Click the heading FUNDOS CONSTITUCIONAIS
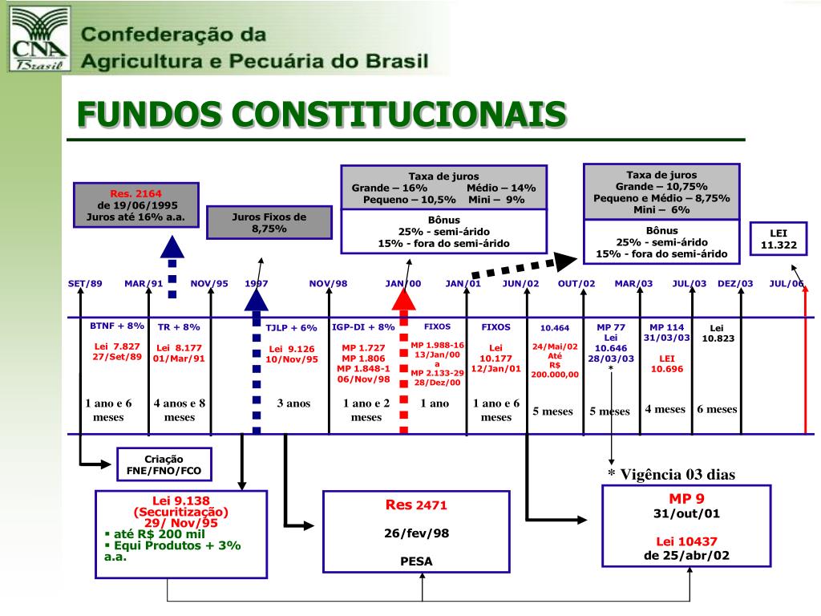tap(322, 115)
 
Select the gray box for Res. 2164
tap(136, 205)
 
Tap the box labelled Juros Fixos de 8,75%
tap(269, 222)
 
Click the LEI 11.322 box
tap(779, 238)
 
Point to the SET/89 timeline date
tap(85, 283)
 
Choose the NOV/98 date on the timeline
tap(329, 283)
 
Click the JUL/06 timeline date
tap(787, 283)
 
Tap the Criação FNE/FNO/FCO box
tap(164, 464)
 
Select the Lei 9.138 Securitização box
tap(180, 533)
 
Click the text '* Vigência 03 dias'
tap(671, 474)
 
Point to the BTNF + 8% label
tap(117, 326)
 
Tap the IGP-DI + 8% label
tap(363, 326)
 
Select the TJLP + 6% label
tap(292, 327)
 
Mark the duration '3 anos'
tap(293, 403)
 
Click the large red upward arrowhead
tap(403, 298)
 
